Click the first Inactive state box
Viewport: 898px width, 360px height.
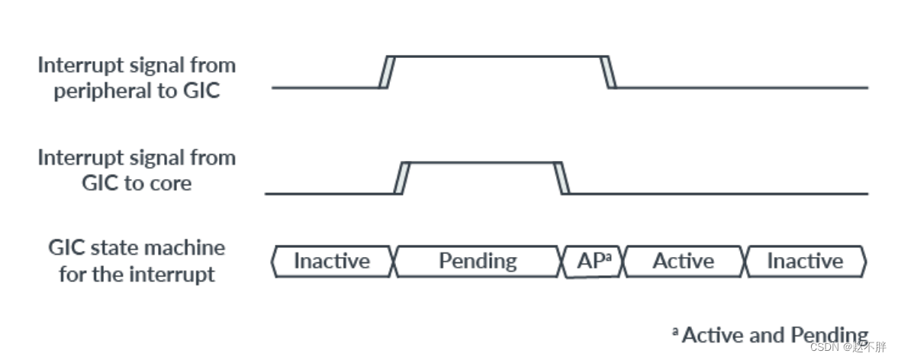pos(331,262)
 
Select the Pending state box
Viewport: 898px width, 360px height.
pos(477,262)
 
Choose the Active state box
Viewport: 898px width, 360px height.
pos(684,262)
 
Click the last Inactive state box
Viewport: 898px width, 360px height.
pos(805,262)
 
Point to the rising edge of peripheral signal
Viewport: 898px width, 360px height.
pos(385,72)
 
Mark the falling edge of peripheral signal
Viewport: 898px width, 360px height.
pos(609,72)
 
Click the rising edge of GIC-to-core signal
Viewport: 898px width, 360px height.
pos(401,177)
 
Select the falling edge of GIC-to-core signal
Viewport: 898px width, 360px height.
pos(562,177)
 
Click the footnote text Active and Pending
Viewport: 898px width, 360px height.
pos(774,335)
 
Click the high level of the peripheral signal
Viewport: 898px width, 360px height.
pos(496,56)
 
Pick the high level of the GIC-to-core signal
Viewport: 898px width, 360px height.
pos(481,162)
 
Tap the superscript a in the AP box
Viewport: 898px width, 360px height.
pos(608,257)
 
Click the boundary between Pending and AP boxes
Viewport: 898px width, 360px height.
pos(562,262)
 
